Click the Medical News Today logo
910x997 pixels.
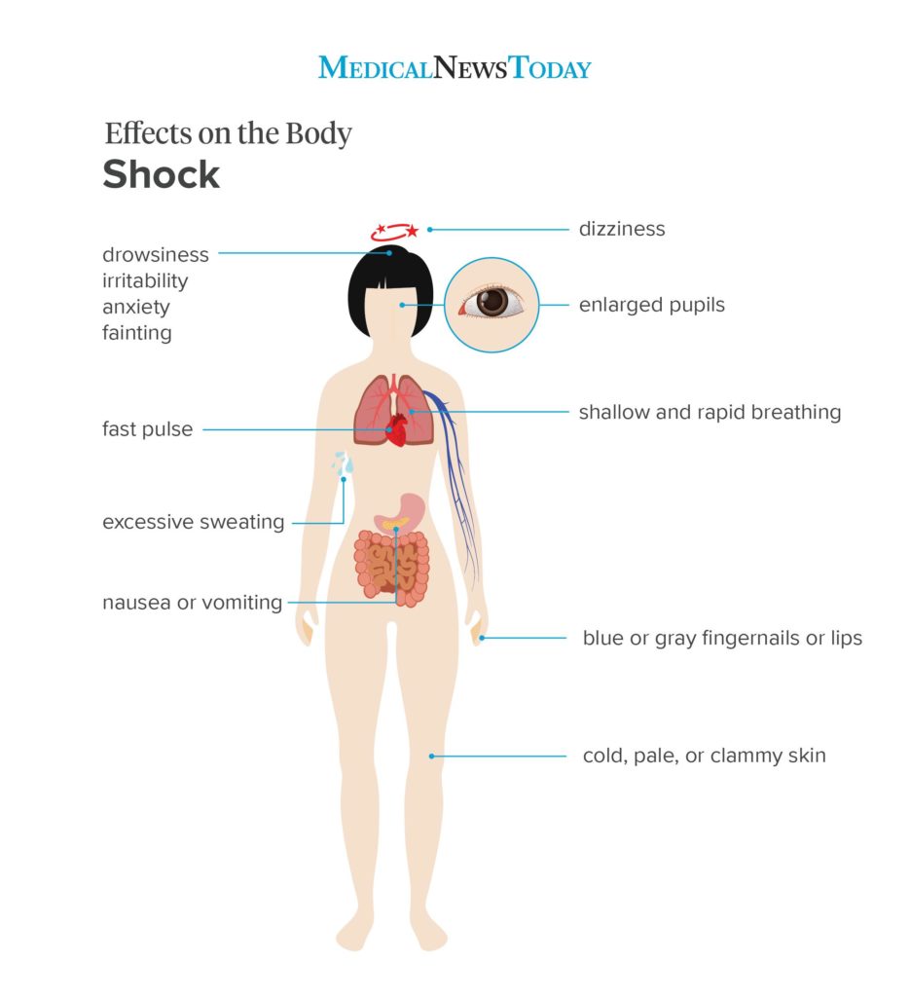coord(455,67)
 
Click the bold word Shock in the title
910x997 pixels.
coord(161,174)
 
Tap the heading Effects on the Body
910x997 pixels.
coord(228,133)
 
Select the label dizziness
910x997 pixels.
coord(622,229)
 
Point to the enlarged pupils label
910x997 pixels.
coord(651,305)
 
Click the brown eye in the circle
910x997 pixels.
coord(491,302)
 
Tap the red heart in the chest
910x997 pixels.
coord(396,429)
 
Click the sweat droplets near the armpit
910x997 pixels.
coord(344,463)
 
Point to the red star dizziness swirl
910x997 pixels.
coord(395,232)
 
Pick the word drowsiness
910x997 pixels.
coord(155,254)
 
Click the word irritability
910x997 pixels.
coord(145,281)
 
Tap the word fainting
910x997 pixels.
coord(136,333)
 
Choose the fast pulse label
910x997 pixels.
coord(147,429)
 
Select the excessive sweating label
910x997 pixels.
coord(193,522)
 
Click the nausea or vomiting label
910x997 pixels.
coord(192,602)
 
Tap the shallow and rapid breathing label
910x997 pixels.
coord(710,412)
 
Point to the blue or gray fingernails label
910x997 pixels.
coord(722,638)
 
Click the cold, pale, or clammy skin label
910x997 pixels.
coord(704,756)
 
